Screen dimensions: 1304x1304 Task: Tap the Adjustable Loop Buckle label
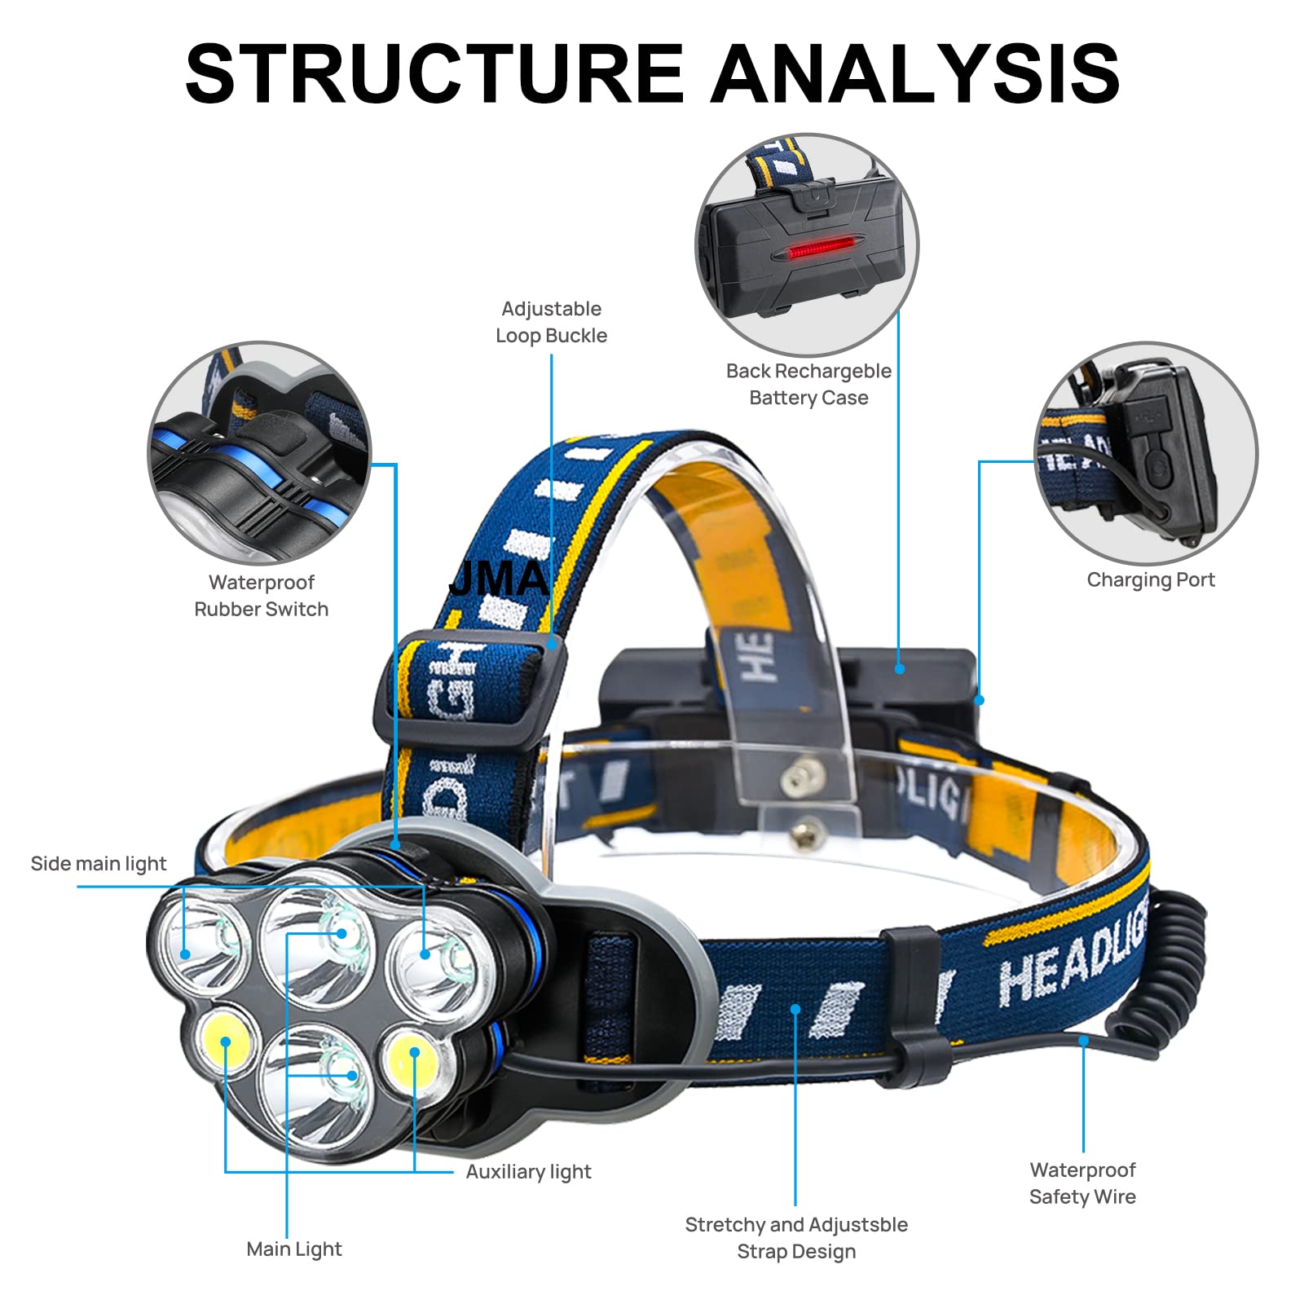pyautogui.click(x=552, y=322)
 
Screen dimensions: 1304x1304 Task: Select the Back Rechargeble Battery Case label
pyautogui.click(x=808, y=384)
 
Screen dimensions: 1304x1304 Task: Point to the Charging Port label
pyautogui.click(x=1150, y=579)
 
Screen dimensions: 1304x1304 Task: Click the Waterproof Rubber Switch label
pyautogui.click(x=262, y=595)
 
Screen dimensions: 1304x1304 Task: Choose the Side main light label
pyautogui.click(x=98, y=863)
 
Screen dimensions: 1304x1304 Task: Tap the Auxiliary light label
pyautogui.click(x=528, y=1171)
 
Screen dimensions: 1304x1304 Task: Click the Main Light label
pyautogui.click(x=293, y=1249)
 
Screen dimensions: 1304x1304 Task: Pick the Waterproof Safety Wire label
pyautogui.click(x=1082, y=1183)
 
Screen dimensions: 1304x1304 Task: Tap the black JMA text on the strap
pyautogui.click(x=499, y=579)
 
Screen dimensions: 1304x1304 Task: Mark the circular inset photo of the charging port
pyautogui.click(x=1146, y=452)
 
